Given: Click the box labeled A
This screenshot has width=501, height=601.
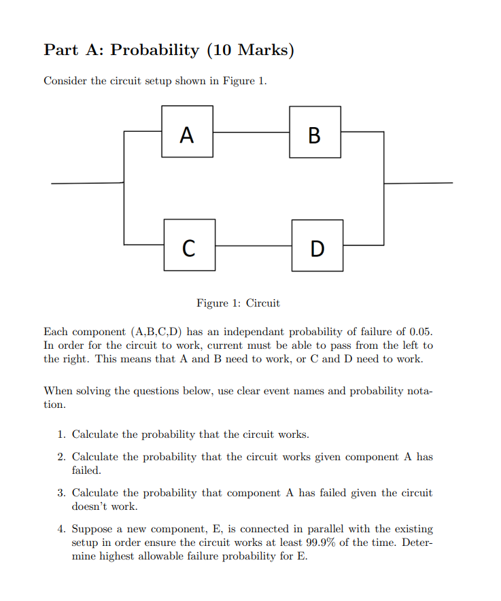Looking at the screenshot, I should (187, 132).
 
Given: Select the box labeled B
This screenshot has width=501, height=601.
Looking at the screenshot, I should (315, 132).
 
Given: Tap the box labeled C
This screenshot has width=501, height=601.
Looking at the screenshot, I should (190, 245).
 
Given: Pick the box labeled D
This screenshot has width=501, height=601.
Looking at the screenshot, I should (317, 245).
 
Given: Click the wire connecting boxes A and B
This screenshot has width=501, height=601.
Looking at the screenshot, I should (251, 132).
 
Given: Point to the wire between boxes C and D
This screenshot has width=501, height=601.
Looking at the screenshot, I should (254, 245).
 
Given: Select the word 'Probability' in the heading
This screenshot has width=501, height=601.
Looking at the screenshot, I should (155, 50).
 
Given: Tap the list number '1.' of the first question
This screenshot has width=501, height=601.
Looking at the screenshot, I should (62, 434).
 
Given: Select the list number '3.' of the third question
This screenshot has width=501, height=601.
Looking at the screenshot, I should (62, 493).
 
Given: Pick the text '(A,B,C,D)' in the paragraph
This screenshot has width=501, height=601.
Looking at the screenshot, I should (156, 332).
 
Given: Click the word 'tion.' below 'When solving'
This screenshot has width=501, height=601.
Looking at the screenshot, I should (55, 405).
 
